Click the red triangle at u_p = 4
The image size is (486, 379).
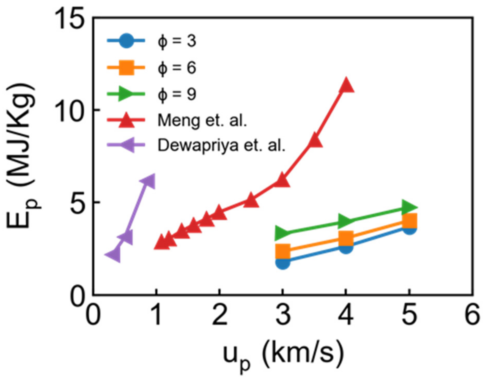click(346, 85)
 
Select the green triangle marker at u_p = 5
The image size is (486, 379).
click(409, 207)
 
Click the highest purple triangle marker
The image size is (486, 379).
click(149, 182)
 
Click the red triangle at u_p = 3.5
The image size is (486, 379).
click(315, 141)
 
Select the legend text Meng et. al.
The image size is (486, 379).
click(202, 120)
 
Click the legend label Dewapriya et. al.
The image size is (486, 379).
click(221, 145)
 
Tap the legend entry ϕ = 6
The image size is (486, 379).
click(177, 68)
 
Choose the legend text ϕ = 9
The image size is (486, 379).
click(177, 94)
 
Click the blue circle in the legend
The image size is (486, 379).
click(126, 41)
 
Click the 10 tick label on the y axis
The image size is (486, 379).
click(70, 111)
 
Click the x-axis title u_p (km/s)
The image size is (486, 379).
click(283, 355)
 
